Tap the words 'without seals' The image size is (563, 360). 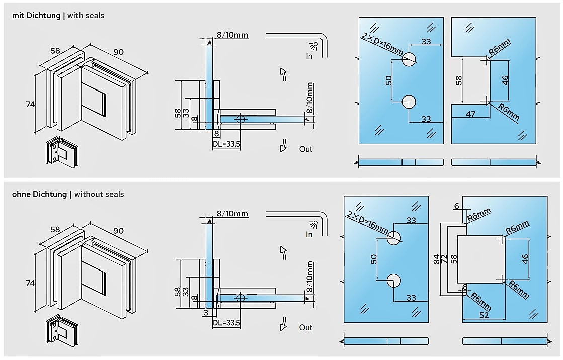click(x=99, y=194)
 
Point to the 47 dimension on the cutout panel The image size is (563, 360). click(x=470, y=114)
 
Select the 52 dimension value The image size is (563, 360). click(x=485, y=315)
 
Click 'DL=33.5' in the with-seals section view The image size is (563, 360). click(x=226, y=144)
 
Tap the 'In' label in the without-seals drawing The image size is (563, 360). click(x=309, y=234)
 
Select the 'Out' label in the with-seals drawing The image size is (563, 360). click(x=306, y=149)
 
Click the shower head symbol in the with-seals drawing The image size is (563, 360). click(x=315, y=46)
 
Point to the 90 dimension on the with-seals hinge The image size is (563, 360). click(x=119, y=52)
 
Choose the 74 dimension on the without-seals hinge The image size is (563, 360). click(x=30, y=283)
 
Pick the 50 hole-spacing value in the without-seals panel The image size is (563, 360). click(x=373, y=259)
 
